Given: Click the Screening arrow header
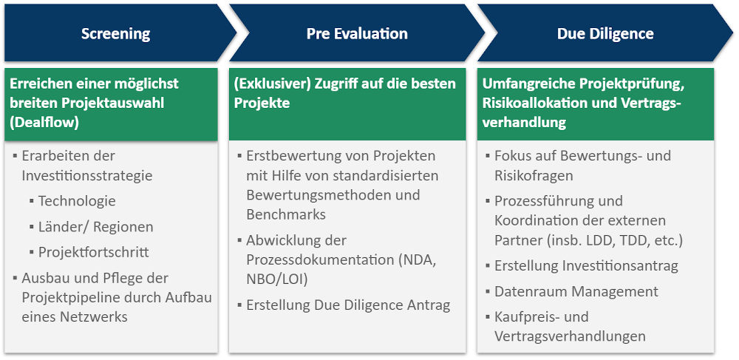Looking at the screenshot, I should [x=115, y=34].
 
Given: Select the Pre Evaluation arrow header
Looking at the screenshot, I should [x=357, y=34].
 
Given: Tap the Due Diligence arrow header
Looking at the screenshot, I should [x=605, y=34].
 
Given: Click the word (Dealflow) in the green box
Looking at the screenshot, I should [x=44, y=123].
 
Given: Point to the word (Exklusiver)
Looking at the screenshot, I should [x=270, y=84].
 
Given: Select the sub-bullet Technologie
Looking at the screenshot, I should [x=77, y=201].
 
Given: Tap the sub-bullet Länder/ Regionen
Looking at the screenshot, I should [x=95, y=227].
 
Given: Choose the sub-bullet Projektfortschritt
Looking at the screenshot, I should [x=94, y=252].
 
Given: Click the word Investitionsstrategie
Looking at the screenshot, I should [x=87, y=176].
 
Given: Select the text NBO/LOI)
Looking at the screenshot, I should [x=276, y=279].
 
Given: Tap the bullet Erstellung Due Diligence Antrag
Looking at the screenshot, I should [x=348, y=305].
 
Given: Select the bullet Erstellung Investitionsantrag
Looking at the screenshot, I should [x=586, y=266].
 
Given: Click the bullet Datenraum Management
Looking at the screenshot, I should [x=576, y=291].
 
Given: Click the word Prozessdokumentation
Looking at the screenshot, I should [x=320, y=259].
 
